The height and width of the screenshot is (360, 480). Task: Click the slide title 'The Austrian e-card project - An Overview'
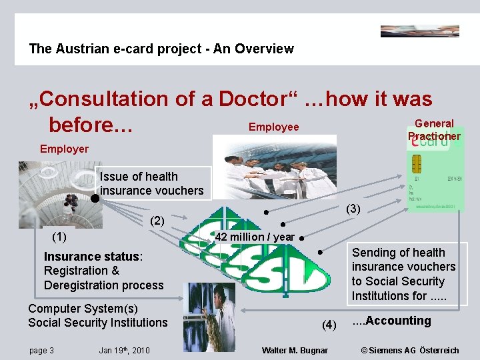click(161, 49)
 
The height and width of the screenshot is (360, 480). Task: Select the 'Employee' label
click(273, 127)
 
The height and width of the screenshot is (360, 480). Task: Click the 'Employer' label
click(64, 149)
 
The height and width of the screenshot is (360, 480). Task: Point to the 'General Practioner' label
click(434, 129)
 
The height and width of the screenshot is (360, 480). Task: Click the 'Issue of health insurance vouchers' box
click(151, 183)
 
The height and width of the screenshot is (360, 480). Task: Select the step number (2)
click(157, 221)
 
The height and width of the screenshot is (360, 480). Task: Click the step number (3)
click(353, 209)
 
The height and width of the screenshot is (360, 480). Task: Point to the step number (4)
click(329, 325)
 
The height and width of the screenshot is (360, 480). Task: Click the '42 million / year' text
click(255, 237)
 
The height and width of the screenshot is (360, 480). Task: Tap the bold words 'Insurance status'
click(91, 256)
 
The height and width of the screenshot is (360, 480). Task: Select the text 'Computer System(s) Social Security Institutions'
click(98, 315)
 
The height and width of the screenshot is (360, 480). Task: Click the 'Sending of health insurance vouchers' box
click(403, 273)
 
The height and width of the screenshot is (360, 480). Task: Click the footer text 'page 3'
click(41, 350)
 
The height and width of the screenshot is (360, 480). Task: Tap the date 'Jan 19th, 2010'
click(124, 350)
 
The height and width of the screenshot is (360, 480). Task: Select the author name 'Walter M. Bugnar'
click(294, 350)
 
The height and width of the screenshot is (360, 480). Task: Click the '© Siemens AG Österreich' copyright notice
click(409, 350)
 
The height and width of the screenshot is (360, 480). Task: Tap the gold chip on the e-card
click(418, 163)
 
